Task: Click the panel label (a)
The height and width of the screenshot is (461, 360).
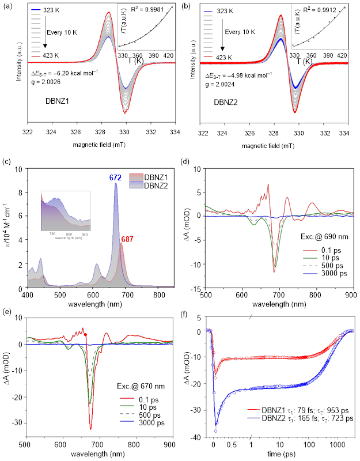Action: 8,7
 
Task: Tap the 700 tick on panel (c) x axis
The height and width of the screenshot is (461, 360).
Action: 124,294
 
